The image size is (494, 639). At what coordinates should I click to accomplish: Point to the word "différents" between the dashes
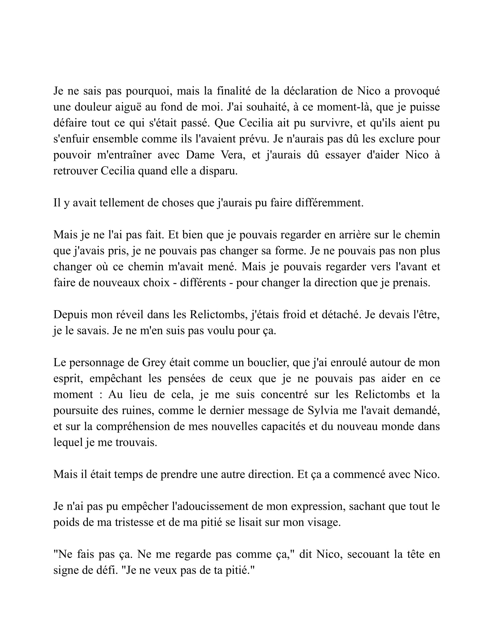[x=203, y=283]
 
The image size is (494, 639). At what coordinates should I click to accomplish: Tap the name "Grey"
[x=154, y=362]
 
